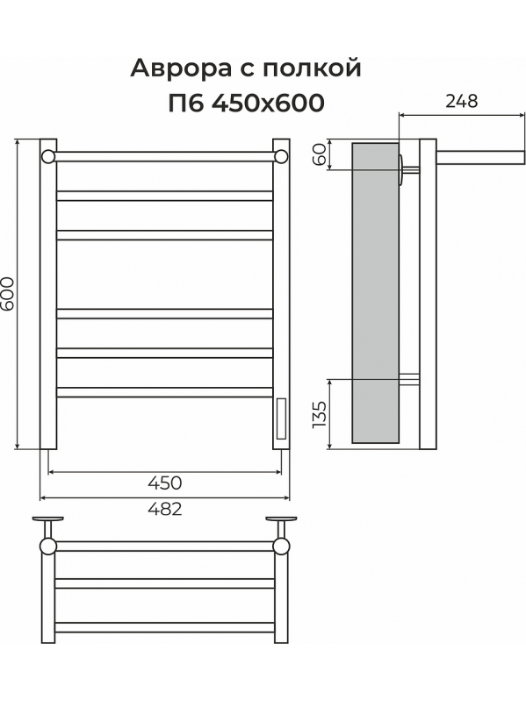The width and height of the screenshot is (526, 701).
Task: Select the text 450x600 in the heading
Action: pyautogui.click(x=268, y=104)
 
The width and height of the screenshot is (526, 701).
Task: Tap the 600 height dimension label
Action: pyautogui.click(x=8, y=293)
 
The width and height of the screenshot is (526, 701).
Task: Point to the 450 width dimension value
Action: pyautogui.click(x=165, y=483)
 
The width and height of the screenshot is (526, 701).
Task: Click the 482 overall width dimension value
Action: pyautogui.click(x=165, y=509)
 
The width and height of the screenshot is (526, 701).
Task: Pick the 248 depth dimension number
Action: pyautogui.click(x=462, y=102)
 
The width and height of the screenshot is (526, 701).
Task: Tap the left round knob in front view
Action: pyautogui.click(x=48, y=156)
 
